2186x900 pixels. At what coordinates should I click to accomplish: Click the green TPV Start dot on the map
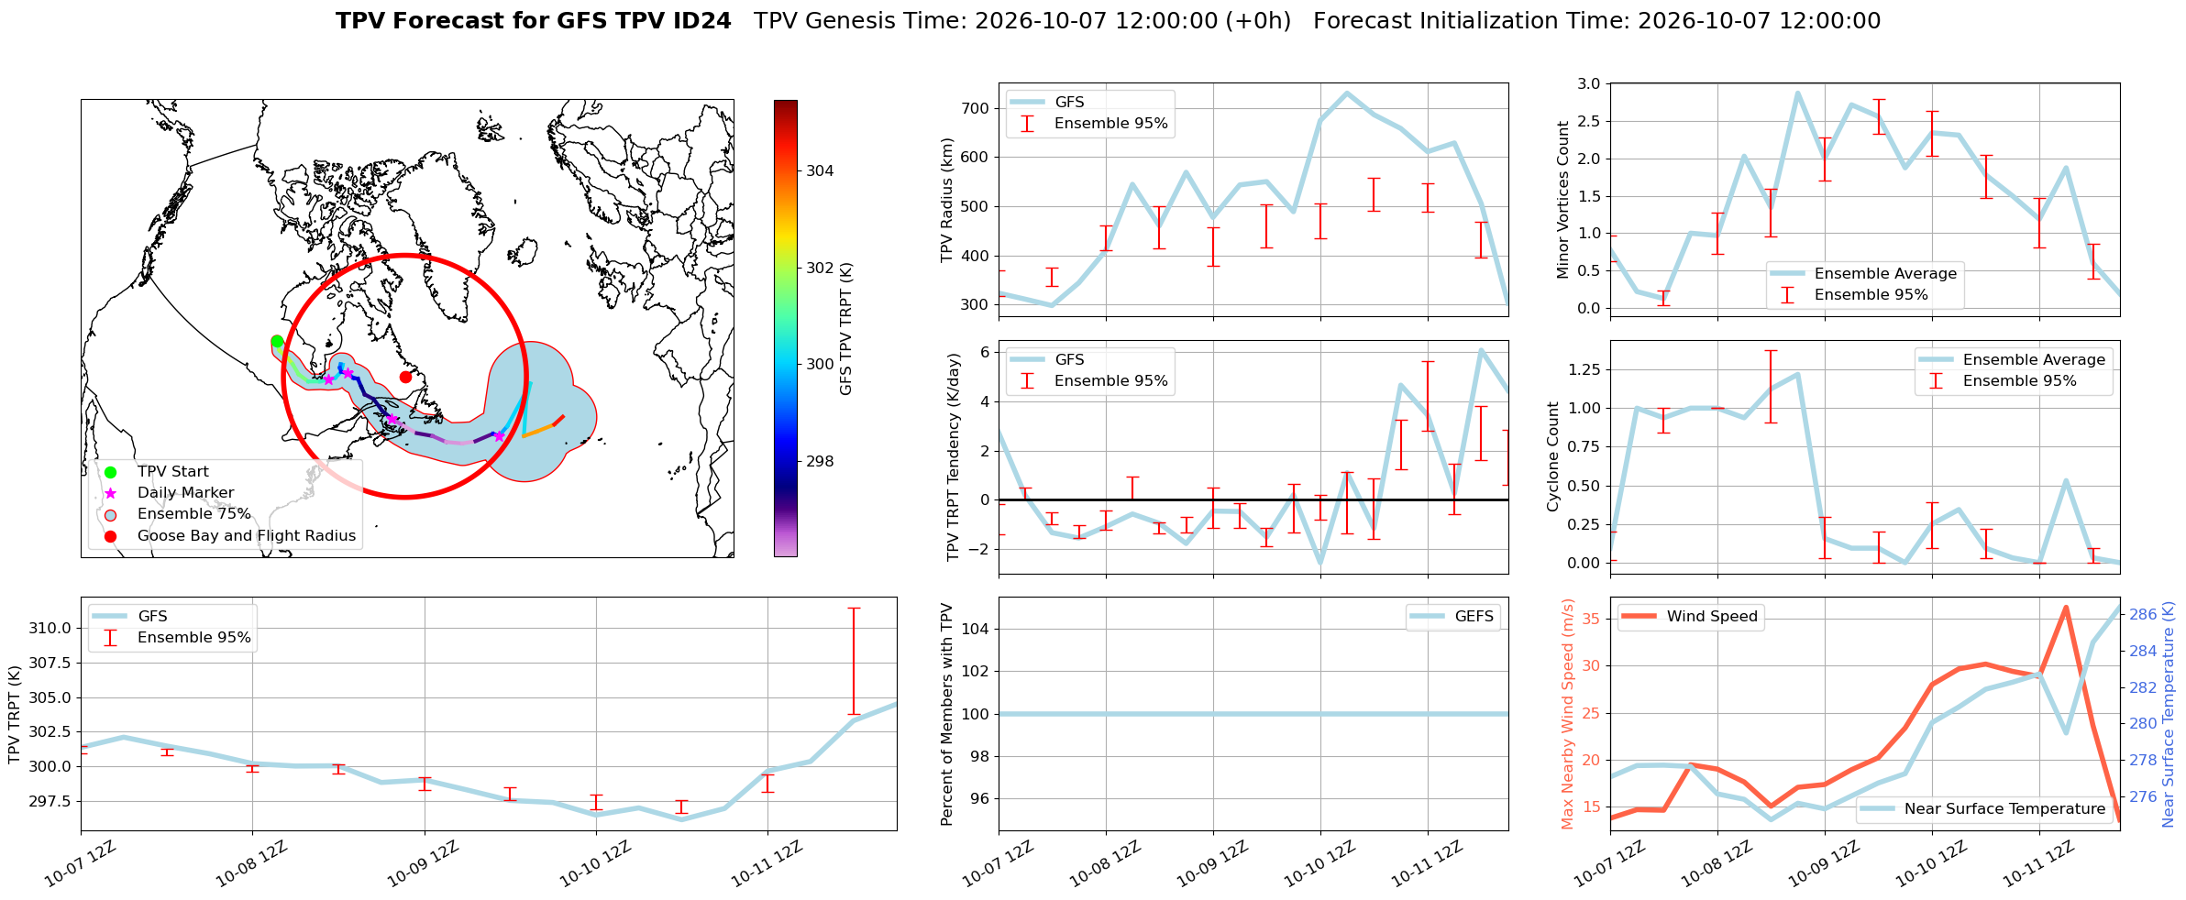click(277, 342)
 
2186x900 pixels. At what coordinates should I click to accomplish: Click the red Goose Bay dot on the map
click(405, 377)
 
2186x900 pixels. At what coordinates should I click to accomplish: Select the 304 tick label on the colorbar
click(820, 170)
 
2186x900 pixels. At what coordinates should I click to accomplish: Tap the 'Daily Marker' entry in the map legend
click(185, 493)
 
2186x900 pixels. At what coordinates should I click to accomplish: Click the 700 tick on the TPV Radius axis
click(977, 108)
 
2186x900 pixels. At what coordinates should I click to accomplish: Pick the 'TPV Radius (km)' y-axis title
click(947, 200)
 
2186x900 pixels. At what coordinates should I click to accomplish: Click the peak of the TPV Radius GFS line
click(1347, 93)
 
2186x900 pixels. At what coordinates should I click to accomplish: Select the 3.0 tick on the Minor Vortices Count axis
click(1589, 83)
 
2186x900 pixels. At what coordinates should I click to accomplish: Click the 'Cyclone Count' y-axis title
click(1553, 456)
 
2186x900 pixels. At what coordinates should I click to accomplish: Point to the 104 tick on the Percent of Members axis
click(977, 629)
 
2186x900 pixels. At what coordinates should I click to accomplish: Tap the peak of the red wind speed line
click(2066, 607)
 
